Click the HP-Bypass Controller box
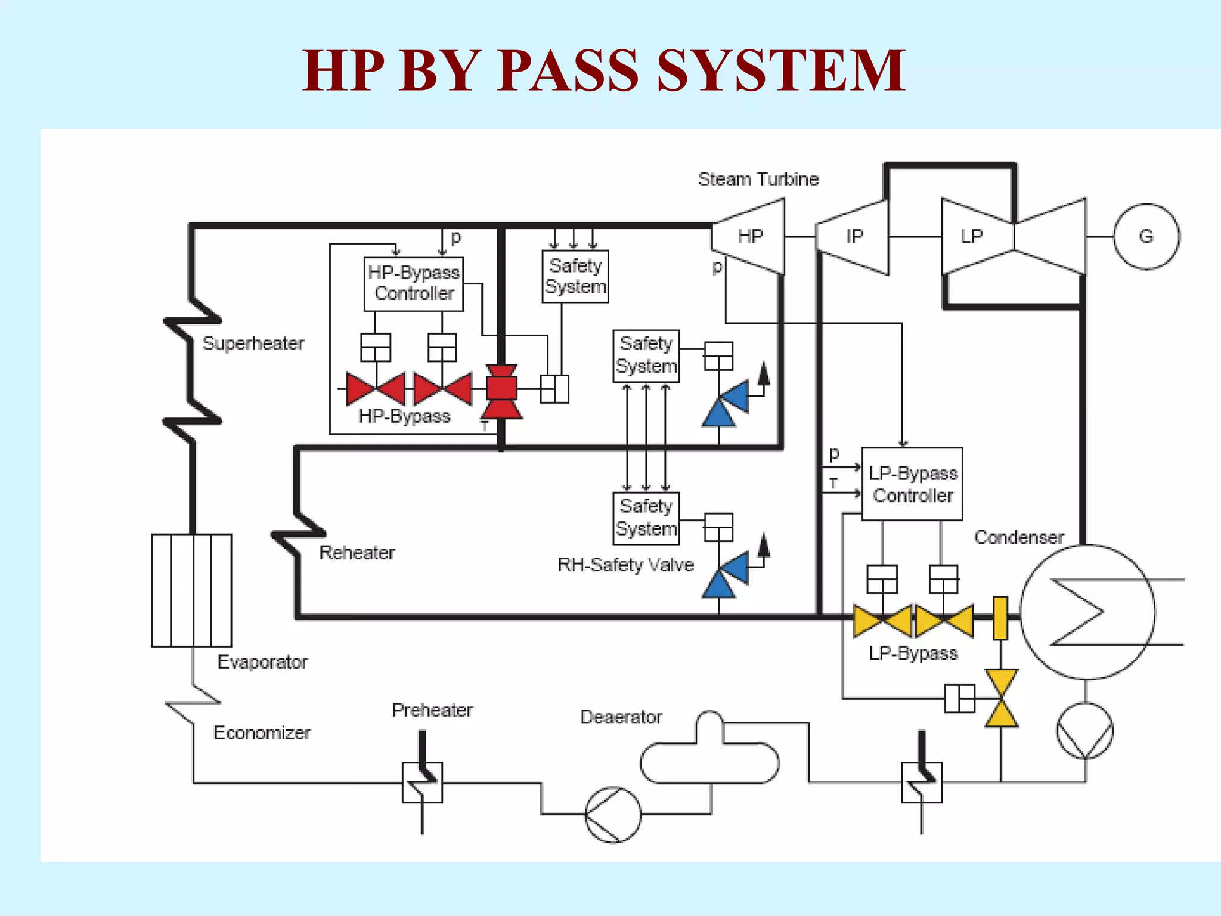pyautogui.click(x=414, y=284)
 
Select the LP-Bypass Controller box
pyautogui.click(x=912, y=484)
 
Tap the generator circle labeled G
pyautogui.click(x=1146, y=237)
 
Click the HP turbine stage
pyautogui.click(x=749, y=237)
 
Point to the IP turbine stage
pyautogui.click(x=853, y=237)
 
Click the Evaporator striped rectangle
pyautogui.click(x=191, y=590)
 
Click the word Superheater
pyautogui.click(x=253, y=343)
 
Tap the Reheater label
pyautogui.click(x=357, y=553)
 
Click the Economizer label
pyautogui.click(x=262, y=732)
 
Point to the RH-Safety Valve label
pyautogui.click(x=625, y=565)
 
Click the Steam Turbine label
pyautogui.click(x=758, y=179)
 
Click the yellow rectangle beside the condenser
pyautogui.click(x=1000, y=618)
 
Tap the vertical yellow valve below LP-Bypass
pyautogui.click(x=1001, y=698)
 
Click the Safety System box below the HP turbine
pyautogui.click(x=646, y=355)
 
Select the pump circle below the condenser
pyautogui.click(x=1085, y=731)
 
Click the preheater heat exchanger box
pyautogui.click(x=422, y=782)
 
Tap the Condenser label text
pyautogui.click(x=1019, y=537)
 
